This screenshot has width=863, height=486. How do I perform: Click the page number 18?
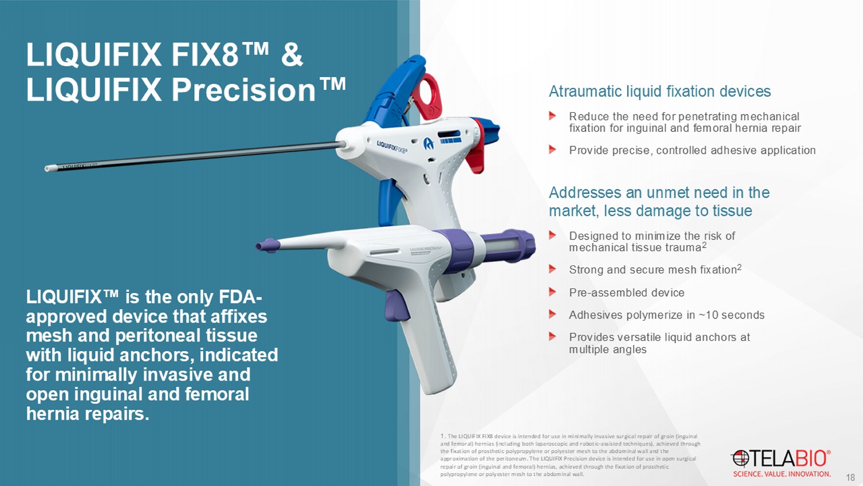point(850,477)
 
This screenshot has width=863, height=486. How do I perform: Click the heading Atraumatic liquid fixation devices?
point(659,92)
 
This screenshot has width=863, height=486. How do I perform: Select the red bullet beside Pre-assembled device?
point(552,292)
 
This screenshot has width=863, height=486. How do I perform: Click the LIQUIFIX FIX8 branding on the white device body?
point(391,147)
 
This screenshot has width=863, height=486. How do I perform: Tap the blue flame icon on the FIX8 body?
point(429,144)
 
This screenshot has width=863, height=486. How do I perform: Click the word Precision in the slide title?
point(243,90)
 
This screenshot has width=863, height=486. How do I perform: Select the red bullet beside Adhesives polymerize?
point(552,314)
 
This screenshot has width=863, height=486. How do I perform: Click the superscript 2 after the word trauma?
point(704,245)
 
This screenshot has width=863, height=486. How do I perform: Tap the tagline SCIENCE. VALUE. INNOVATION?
point(782,474)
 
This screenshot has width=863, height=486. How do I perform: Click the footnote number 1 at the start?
point(442,436)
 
